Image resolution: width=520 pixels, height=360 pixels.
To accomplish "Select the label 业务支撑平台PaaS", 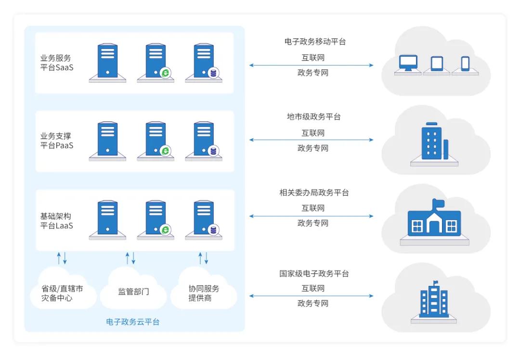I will (x=57, y=141).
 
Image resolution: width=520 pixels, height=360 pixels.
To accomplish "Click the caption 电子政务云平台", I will (x=132, y=322).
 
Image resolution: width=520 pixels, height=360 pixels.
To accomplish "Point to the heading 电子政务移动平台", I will (x=315, y=42).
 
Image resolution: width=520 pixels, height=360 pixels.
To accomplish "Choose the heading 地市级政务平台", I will (x=313, y=117).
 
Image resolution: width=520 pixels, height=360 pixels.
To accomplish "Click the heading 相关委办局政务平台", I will (x=314, y=193).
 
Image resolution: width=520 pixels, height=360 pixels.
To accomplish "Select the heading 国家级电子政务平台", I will (x=314, y=274).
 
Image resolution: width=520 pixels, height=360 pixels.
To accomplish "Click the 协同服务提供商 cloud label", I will (x=204, y=293).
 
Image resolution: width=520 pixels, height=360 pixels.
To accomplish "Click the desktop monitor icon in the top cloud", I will (x=408, y=64).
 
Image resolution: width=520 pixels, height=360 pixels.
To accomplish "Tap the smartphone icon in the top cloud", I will (x=465, y=64).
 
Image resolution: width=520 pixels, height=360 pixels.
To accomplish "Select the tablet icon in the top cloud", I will (x=437, y=64).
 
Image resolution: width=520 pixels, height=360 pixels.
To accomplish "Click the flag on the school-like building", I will (x=437, y=204).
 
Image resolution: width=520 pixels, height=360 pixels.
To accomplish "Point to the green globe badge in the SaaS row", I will (x=165, y=73).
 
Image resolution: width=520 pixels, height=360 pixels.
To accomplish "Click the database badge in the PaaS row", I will (x=213, y=151).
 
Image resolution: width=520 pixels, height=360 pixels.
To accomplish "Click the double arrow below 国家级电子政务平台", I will (x=311, y=296).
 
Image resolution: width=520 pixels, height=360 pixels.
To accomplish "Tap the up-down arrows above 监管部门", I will (x=130, y=258).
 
